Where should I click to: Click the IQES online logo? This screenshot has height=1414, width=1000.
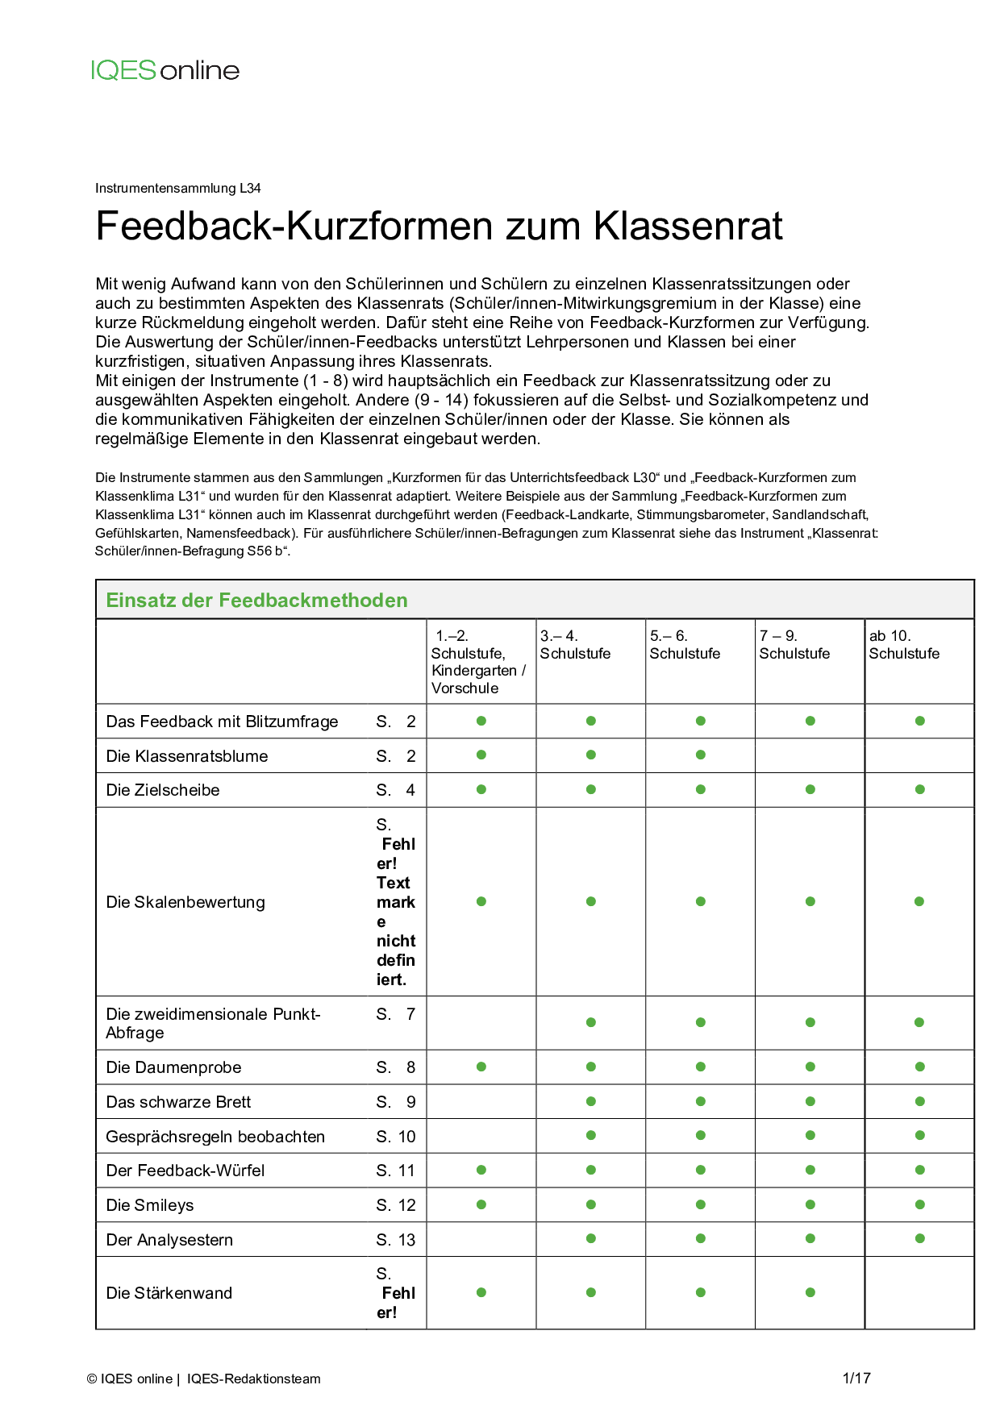165,70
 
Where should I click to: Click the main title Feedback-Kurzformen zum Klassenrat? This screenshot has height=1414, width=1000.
439,226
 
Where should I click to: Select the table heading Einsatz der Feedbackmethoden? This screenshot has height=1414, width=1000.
256,601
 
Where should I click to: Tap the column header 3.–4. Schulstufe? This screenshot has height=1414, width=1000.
575,645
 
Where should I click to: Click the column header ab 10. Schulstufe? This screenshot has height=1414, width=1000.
904,645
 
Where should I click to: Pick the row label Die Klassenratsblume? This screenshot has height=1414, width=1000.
187,756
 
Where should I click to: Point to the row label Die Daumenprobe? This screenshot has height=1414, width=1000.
173,1067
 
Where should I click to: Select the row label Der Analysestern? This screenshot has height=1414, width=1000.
169,1240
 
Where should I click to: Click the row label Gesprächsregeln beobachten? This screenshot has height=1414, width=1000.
215,1137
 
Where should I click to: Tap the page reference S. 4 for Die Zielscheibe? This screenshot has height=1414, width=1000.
395,790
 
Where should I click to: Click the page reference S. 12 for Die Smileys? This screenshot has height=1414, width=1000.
395,1205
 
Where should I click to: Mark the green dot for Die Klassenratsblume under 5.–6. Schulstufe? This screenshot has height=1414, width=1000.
701,755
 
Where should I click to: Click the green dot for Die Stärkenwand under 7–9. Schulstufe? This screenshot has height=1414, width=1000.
810,1292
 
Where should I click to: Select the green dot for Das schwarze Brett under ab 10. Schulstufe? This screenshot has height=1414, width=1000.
920,1101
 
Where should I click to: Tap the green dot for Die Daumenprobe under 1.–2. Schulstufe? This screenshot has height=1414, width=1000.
481,1067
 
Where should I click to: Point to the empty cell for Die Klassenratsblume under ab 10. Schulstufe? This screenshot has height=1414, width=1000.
919,756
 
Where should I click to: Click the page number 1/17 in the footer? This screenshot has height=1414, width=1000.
856,1379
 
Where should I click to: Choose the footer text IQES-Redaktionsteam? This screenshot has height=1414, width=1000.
254,1379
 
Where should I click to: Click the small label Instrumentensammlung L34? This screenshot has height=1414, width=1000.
178,189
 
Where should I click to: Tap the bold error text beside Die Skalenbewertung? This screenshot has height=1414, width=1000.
396,912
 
